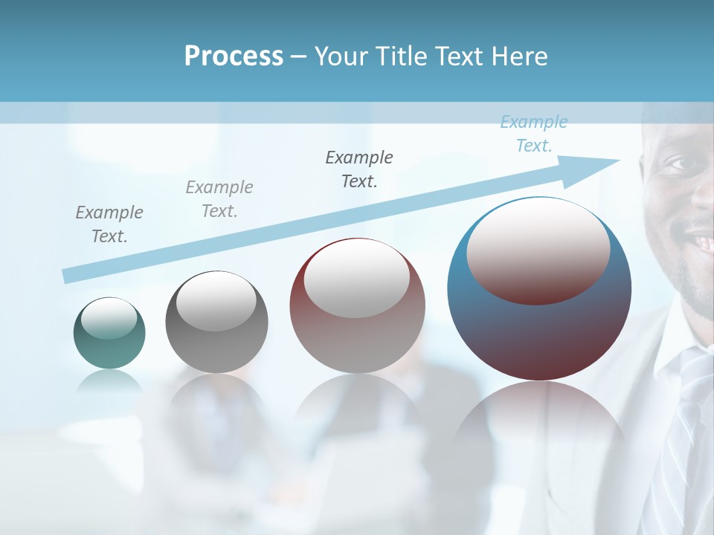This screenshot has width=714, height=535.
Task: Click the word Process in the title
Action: (x=234, y=56)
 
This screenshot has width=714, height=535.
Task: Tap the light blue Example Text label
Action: (x=534, y=134)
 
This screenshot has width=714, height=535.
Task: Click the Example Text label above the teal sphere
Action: (x=109, y=224)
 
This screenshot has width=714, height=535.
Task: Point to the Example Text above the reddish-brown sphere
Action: (x=359, y=169)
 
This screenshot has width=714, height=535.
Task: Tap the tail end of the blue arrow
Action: (x=67, y=276)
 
